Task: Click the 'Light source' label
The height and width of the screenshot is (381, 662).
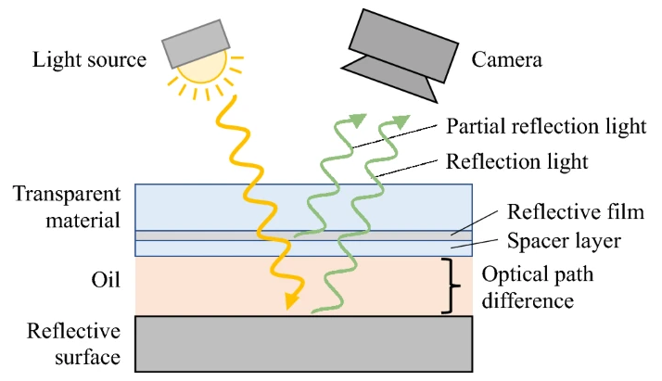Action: coord(90,61)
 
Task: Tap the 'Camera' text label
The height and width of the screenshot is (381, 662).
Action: coord(506,61)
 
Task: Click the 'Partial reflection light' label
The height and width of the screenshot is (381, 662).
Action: coord(546,126)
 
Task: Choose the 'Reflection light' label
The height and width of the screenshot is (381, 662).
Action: coord(517,161)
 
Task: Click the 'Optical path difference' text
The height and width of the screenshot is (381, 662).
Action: coord(537,287)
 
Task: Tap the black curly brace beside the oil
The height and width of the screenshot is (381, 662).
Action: coord(452,286)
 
